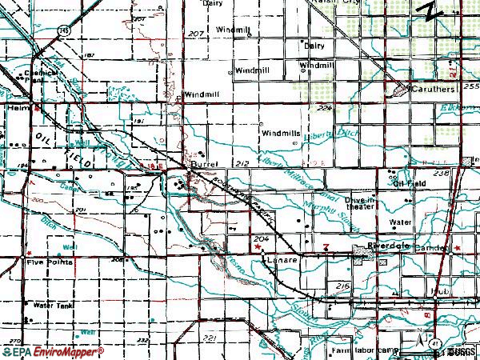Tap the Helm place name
[16, 105]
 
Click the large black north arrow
[434, 11]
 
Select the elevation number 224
[322, 106]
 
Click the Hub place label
[435, 290]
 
